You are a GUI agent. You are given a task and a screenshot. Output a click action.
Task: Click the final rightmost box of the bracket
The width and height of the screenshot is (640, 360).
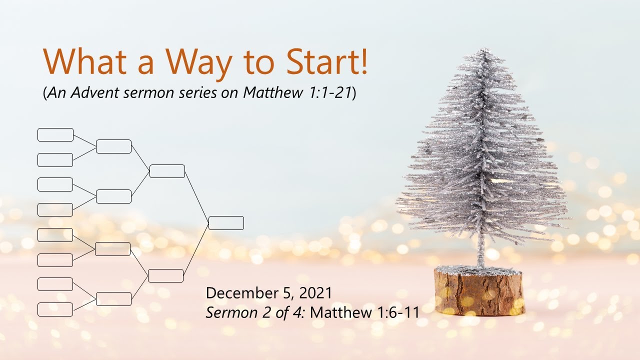click(226, 223)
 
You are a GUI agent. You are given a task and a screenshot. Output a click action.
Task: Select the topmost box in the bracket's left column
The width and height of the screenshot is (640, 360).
click(55, 135)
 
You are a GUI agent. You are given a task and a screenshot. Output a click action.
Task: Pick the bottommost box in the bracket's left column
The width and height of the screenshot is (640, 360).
click(55, 309)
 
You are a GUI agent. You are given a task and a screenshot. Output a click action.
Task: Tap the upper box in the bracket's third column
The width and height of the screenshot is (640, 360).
click(167, 171)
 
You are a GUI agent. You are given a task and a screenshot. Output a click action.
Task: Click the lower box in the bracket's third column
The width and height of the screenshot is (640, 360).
click(166, 275)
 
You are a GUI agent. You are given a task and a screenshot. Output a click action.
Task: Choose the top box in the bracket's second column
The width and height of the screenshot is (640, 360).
click(114, 146)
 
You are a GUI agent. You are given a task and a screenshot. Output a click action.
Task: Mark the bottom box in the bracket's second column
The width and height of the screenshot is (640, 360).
click(114, 299)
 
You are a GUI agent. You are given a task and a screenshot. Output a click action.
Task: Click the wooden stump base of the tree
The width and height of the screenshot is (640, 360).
click(479, 292)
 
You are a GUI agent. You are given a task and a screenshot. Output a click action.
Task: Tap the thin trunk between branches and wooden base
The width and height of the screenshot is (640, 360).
click(480, 252)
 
